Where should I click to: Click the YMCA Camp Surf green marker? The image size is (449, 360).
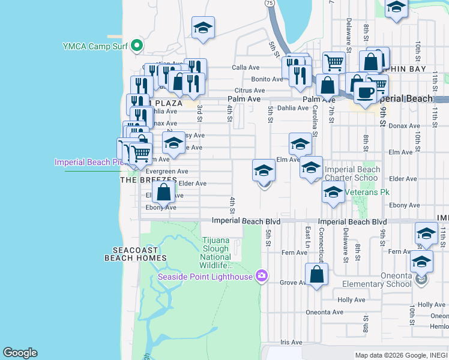pos(137,46)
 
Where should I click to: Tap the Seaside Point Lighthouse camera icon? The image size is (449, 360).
pos(261,276)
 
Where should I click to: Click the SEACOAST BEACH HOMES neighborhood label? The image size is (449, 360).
pos(135,254)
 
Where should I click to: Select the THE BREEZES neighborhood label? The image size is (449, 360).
pos(149,179)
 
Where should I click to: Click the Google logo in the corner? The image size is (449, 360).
pos(20,353)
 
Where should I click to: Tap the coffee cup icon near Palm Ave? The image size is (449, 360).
pos(365,93)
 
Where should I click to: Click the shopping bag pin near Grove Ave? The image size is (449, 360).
pos(316,275)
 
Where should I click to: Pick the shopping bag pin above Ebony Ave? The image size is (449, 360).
pos(163,192)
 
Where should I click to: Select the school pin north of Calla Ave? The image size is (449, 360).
pos(203,27)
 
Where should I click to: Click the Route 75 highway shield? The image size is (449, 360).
pos(270,3)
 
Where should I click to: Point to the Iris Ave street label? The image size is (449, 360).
pos(292,342)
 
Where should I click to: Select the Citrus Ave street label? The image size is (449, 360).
pos(250,90)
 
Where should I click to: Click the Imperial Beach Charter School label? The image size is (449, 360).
pos(352,174)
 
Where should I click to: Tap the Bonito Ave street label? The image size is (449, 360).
pos(267,79)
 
